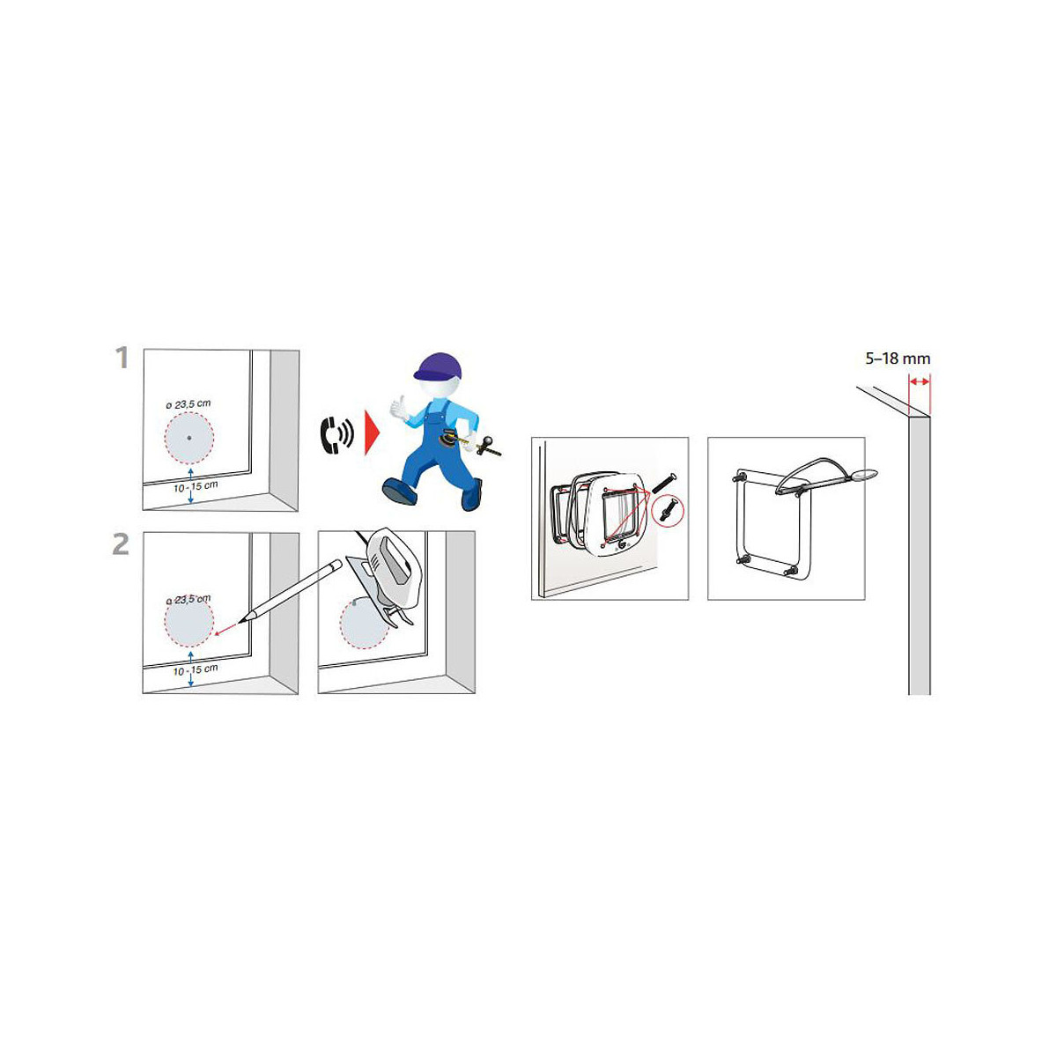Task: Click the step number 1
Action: click(122, 358)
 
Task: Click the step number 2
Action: click(121, 543)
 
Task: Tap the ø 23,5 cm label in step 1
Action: click(188, 404)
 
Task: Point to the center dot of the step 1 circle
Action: click(188, 438)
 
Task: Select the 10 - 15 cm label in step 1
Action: click(196, 486)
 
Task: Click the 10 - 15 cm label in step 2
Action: click(196, 669)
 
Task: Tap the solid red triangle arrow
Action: click(372, 435)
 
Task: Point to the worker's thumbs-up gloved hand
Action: click(399, 408)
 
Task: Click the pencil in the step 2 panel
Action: click(290, 589)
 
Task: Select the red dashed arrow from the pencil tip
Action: click(226, 629)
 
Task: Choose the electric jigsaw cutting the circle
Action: click(384, 573)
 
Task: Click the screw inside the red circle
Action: click(668, 510)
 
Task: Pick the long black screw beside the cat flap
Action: click(663, 484)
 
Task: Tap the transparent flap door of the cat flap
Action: click(618, 514)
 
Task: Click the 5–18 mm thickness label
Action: click(898, 358)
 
